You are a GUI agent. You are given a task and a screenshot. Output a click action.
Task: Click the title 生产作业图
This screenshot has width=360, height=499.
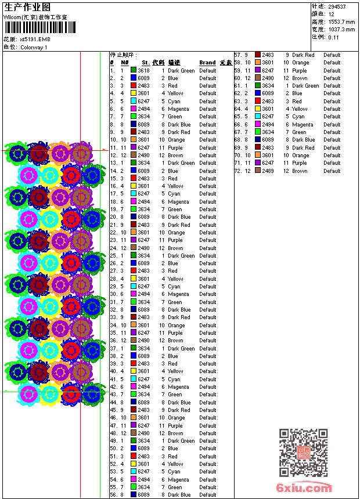(27, 7)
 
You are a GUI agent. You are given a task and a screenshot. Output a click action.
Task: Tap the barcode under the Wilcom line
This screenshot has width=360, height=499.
(39, 28)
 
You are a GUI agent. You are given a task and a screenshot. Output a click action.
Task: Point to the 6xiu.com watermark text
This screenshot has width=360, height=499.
(304, 488)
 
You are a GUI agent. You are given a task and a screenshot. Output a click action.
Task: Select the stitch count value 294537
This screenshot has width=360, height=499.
(337, 7)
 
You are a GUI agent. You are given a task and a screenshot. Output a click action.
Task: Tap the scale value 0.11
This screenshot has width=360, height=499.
(333, 37)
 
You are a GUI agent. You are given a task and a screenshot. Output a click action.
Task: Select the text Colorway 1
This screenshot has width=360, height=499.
(34, 47)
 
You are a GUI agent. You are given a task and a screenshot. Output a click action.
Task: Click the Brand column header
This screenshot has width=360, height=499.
(207, 63)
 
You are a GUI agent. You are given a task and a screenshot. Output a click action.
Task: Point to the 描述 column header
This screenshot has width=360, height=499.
(174, 63)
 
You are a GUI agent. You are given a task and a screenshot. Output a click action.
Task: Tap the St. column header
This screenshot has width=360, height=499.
(146, 63)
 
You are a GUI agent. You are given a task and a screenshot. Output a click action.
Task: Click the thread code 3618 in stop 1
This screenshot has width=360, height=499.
(143, 70)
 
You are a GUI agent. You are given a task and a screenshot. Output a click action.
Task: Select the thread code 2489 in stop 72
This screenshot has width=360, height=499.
(268, 171)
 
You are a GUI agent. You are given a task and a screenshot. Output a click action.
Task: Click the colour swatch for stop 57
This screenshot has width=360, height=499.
(258, 55)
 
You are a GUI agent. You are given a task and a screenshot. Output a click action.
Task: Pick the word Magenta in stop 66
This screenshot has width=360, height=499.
(303, 124)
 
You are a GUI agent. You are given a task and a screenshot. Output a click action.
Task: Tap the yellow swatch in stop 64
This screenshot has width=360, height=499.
(258, 109)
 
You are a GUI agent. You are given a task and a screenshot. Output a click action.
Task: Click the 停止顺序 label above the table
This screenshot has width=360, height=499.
(121, 55)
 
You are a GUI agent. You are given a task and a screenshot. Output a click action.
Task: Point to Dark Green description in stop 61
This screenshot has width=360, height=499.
(305, 86)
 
